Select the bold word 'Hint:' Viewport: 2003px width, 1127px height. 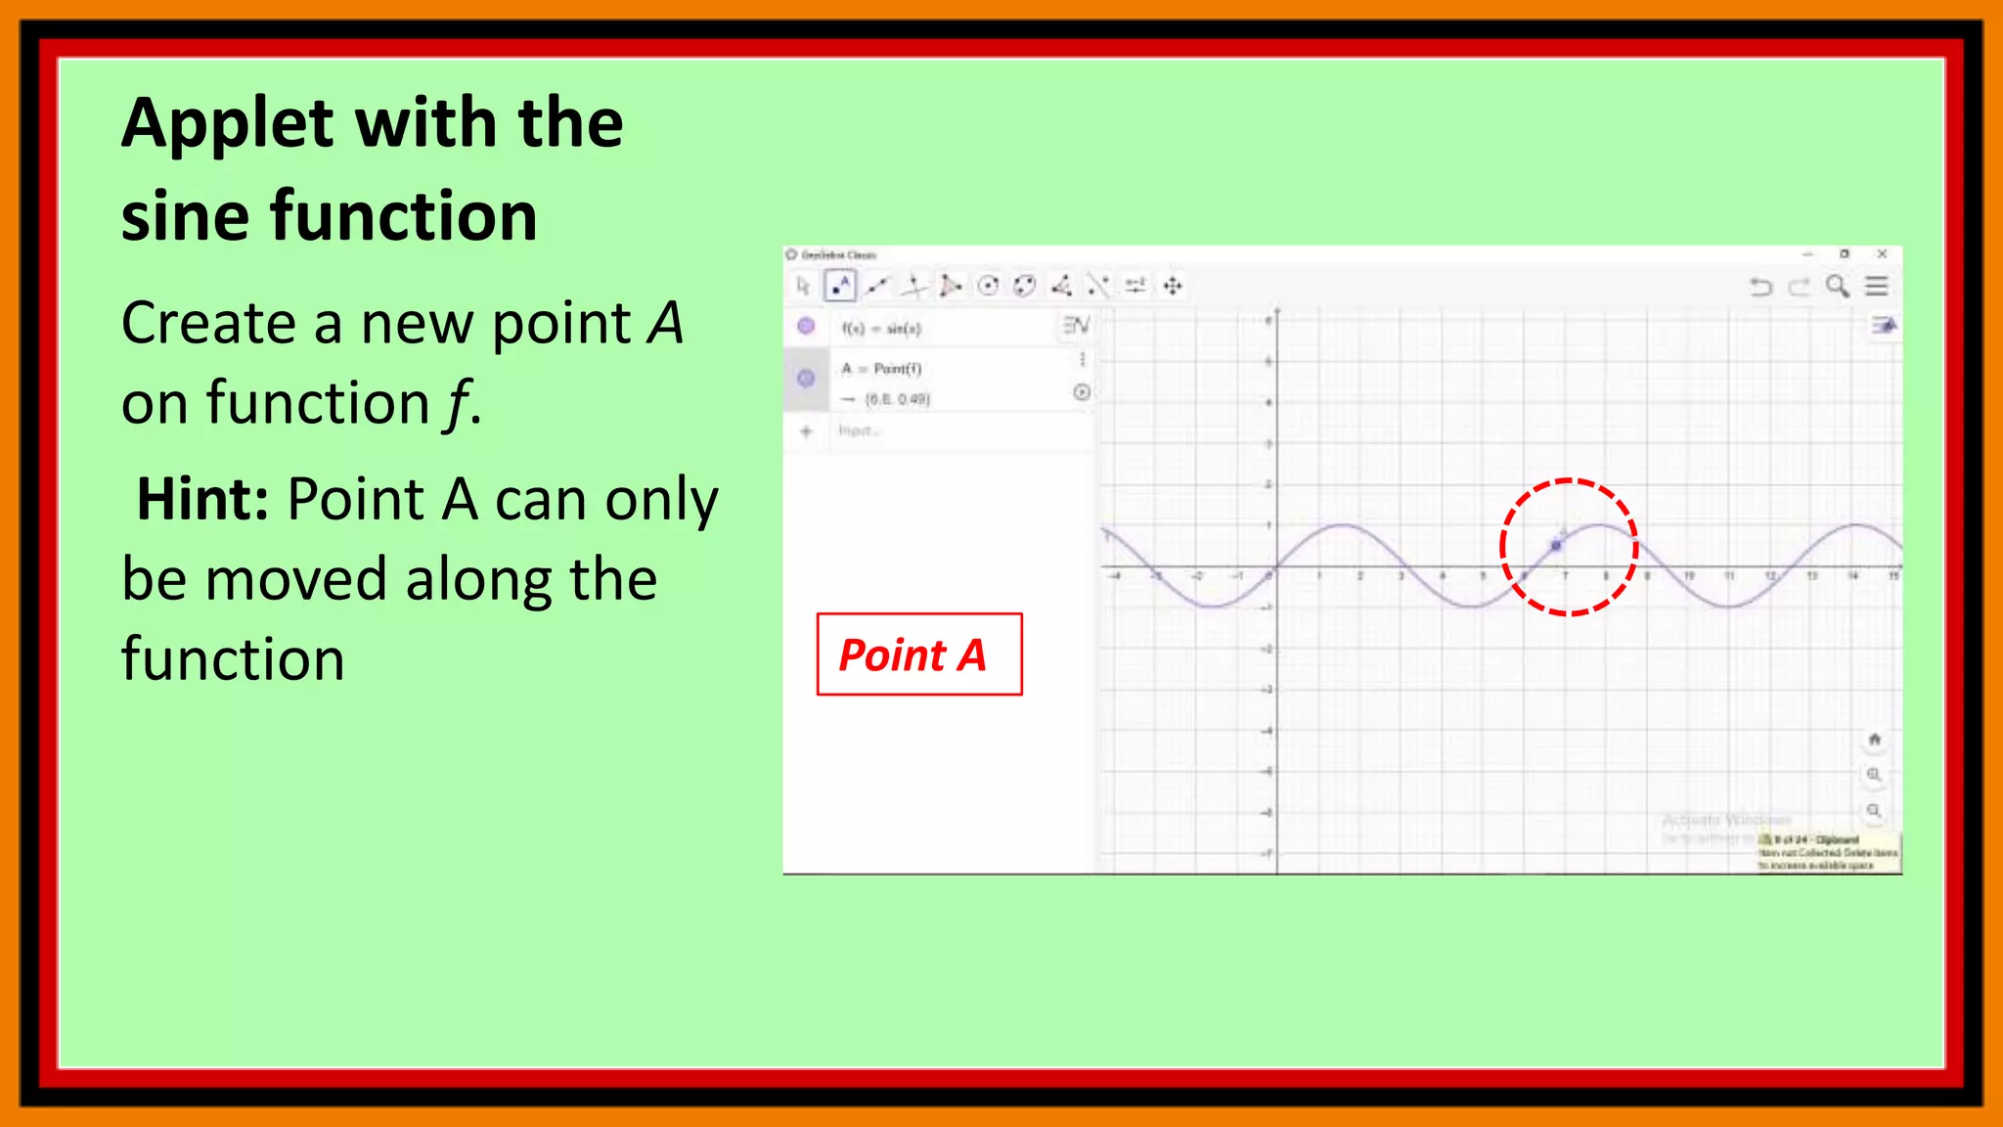click(202, 500)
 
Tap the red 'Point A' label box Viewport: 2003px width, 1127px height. click(918, 654)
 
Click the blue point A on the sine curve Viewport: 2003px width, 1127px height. click(1556, 545)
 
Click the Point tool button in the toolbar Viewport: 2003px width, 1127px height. click(840, 286)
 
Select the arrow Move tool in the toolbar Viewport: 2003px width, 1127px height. click(803, 286)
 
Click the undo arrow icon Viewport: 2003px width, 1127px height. click(1760, 287)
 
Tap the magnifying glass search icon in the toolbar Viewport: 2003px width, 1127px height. click(1837, 286)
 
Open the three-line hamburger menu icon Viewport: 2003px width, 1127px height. click(1876, 286)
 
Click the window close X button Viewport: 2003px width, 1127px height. click(1882, 254)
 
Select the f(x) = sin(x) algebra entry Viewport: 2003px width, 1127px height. click(881, 329)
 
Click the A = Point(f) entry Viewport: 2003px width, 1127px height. click(881, 369)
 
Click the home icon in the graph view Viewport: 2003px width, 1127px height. click(1874, 740)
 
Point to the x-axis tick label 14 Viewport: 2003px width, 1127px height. click(1851, 576)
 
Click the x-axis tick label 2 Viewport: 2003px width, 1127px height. click(1359, 576)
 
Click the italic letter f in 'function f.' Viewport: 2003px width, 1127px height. click(455, 404)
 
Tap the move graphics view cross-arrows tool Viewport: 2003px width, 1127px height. click(1173, 286)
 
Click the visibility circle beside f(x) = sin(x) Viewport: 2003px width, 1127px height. click(806, 327)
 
